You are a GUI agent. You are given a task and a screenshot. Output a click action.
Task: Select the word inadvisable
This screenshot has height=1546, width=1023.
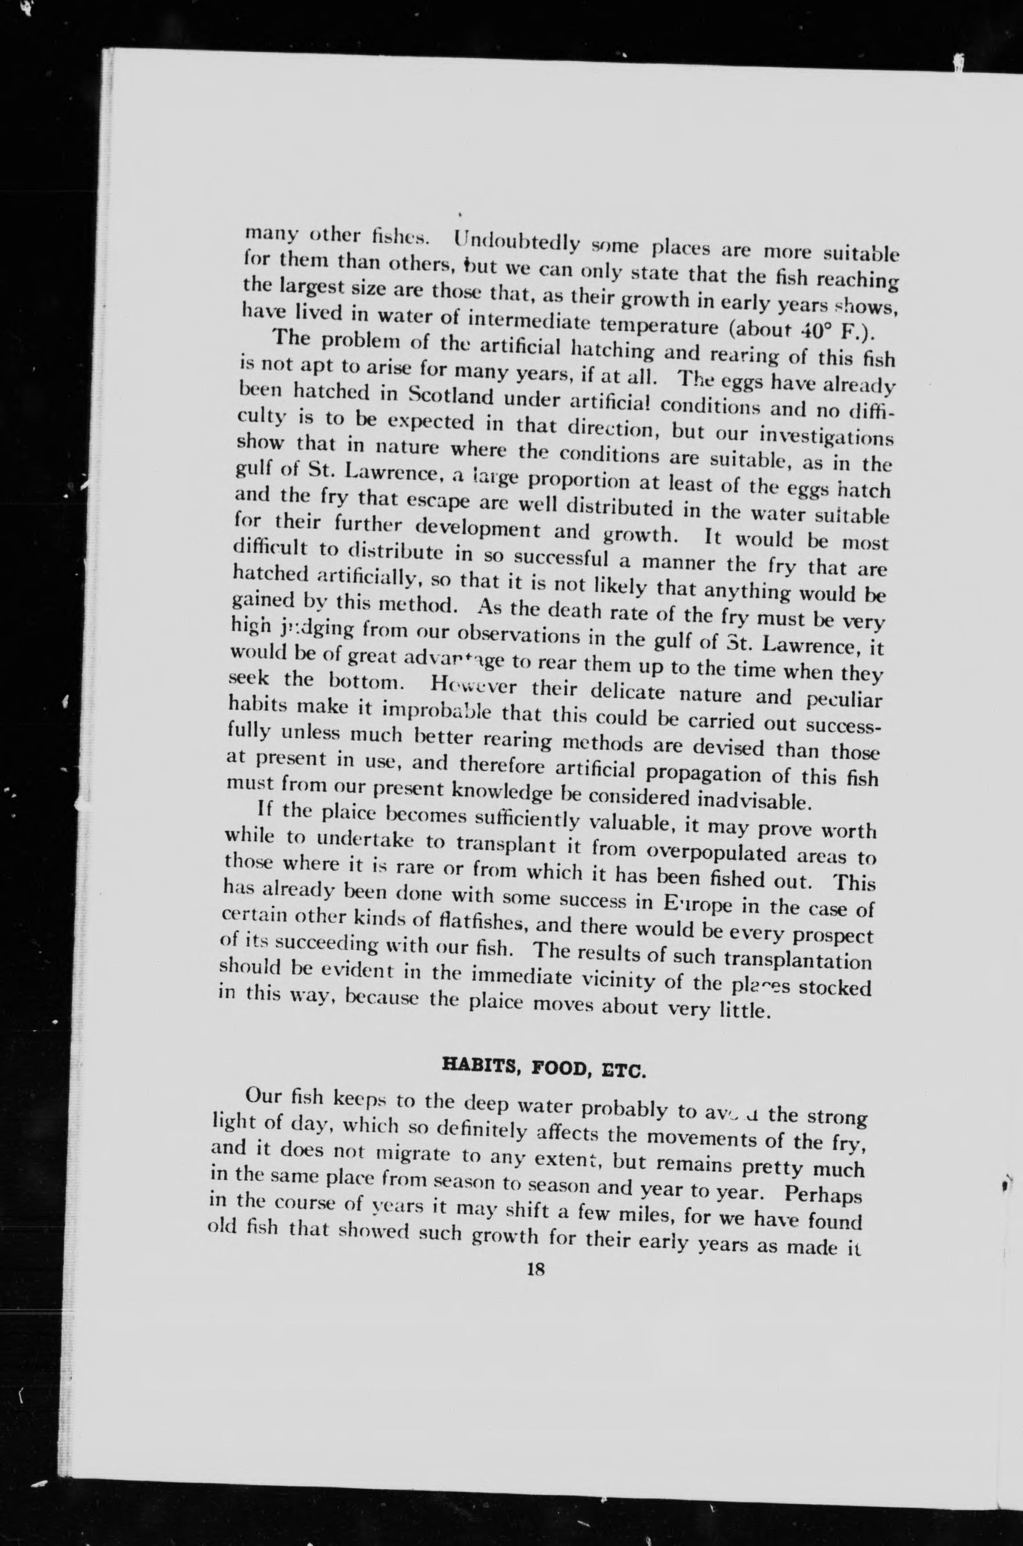[x=758, y=799]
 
